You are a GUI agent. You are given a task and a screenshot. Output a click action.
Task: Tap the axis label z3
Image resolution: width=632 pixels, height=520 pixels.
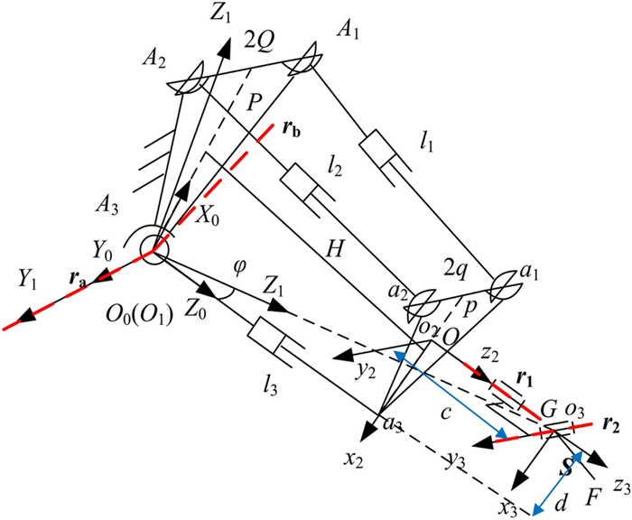pos(618,486)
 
